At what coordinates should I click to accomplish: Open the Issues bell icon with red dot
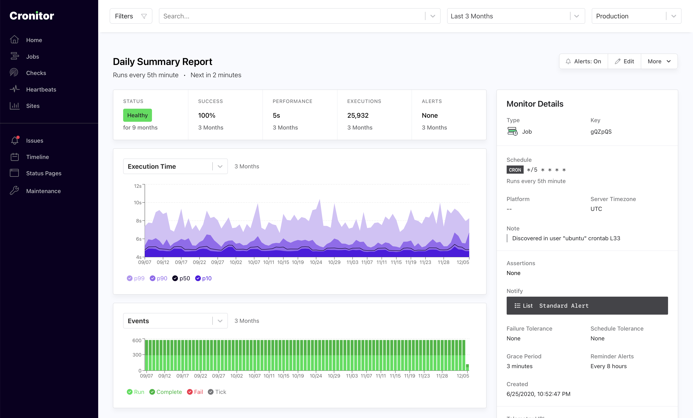15,140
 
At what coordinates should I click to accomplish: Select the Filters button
131,16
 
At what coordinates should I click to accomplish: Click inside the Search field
292,16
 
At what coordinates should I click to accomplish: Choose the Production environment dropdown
636,16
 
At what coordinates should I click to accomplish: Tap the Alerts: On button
583,61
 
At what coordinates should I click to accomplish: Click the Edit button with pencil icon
624,61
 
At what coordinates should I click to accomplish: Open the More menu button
659,61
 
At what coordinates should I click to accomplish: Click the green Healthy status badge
137,115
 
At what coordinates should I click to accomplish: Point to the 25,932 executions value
358,115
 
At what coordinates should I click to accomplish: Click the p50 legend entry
181,278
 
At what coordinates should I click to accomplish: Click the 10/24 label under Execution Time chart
316,262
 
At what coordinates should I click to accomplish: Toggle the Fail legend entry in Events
195,392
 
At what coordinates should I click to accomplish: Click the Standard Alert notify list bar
587,306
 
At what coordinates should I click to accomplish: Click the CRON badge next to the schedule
515,170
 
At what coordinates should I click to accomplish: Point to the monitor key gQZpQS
601,132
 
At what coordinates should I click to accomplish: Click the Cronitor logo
32,16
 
